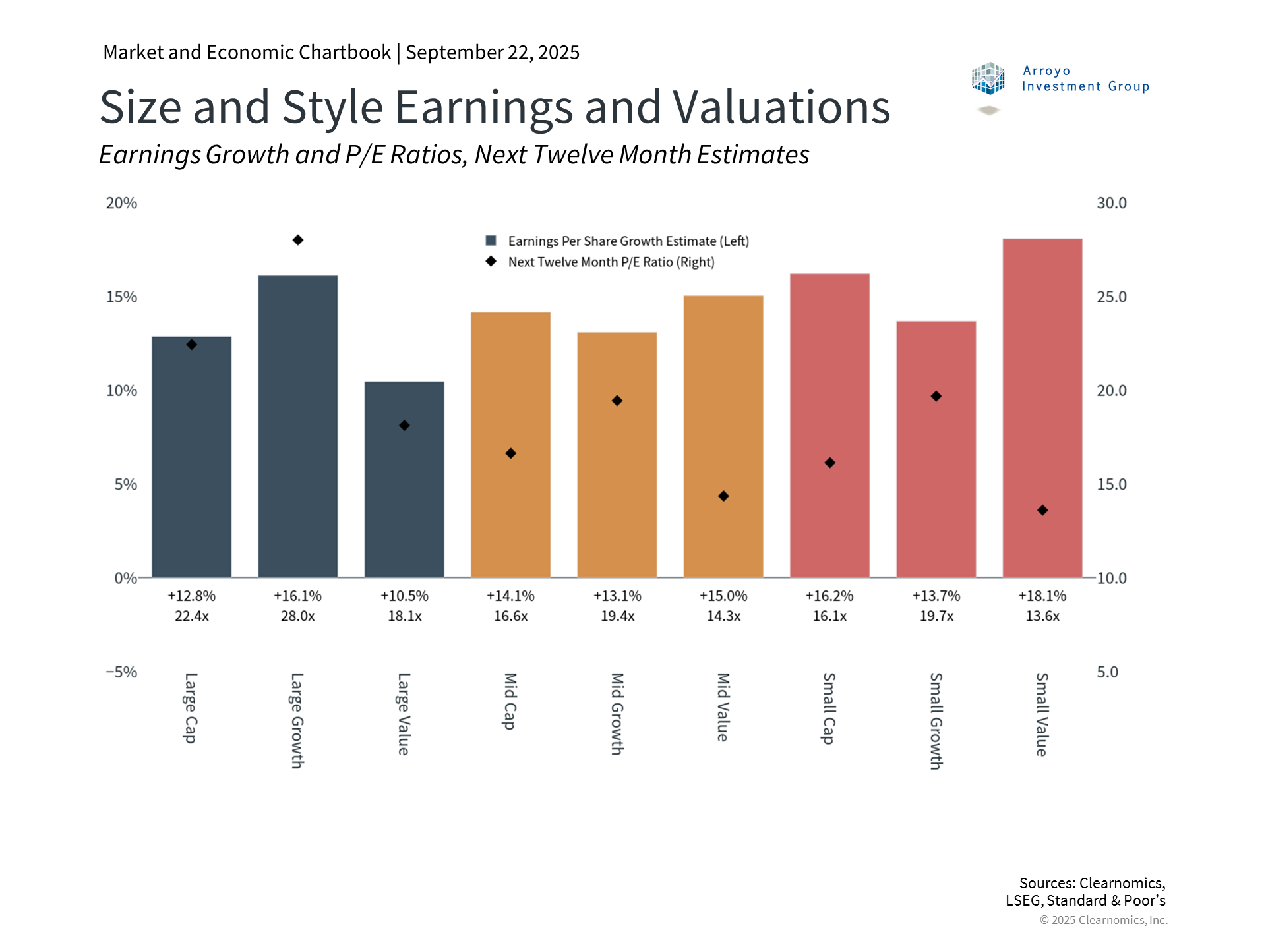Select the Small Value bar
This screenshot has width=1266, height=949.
(1042, 408)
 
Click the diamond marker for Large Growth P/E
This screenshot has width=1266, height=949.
(298, 240)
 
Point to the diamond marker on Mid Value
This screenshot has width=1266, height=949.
(723, 496)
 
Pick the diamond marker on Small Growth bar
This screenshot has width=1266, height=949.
(936, 396)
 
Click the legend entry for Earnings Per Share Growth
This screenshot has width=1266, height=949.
(628, 241)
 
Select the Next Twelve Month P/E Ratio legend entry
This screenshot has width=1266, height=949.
(611, 262)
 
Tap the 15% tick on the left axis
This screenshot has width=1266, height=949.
(122, 297)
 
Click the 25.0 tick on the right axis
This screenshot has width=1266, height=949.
(1111, 297)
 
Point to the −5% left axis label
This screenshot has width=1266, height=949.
(122, 672)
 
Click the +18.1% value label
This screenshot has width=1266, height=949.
(1042, 596)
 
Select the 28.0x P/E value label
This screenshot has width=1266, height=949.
(298, 616)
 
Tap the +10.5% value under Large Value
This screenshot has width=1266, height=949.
(404, 596)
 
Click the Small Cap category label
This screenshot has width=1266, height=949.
(829, 708)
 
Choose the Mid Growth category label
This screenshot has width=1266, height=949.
(617, 714)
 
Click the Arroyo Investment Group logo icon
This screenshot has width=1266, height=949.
(988, 79)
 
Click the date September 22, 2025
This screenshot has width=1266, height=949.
(493, 52)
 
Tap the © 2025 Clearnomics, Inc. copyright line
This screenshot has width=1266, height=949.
(1103, 920)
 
